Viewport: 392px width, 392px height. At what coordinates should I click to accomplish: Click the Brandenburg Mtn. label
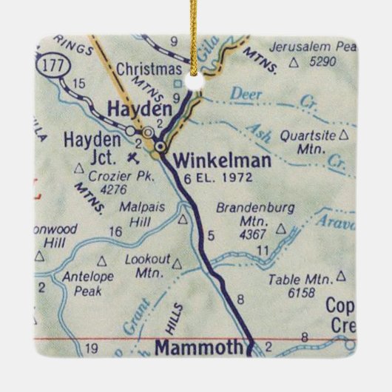(249, 209)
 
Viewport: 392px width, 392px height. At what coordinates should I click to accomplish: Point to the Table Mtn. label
(297, 280)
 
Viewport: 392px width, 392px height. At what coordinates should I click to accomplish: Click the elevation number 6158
(297, 292)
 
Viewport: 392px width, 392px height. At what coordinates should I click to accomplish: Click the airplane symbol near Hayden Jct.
(132, 156)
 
